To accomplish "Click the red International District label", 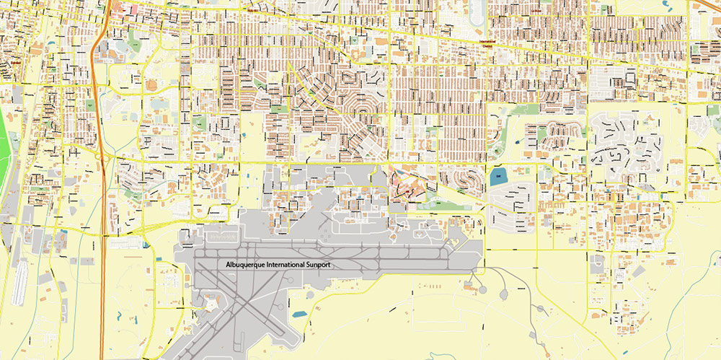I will pos(492,45).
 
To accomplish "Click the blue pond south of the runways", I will pos(298,315).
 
